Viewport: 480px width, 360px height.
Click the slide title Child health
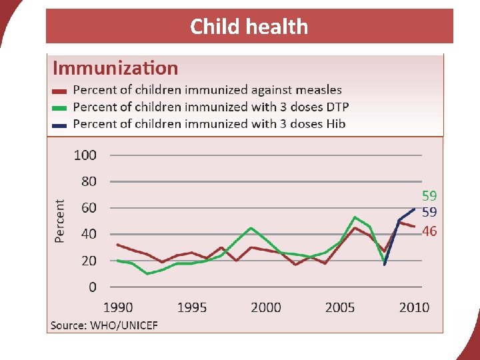(249, 27)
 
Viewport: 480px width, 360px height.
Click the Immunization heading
(115, 68)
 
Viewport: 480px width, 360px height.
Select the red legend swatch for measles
(60, 91)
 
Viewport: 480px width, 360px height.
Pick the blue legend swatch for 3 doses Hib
(60, 125)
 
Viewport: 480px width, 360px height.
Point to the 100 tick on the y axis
(85, 155)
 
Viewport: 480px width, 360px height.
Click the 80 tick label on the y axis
(88, 181)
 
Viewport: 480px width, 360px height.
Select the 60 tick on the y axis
(88, 207)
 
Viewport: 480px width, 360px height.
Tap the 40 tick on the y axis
(88, 234)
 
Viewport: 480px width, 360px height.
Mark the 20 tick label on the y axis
(88, 261)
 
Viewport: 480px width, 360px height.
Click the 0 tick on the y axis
(92, 287)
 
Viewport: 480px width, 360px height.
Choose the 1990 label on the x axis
(118, 307)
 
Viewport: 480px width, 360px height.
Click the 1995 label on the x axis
(191, 307)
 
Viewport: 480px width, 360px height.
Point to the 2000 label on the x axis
(265, 307)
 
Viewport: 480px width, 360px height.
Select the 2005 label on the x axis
(339, 307)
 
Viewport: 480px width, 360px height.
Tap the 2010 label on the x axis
(414, 307)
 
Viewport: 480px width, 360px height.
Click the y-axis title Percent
(60, 221)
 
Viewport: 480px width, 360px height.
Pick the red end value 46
(429, 231)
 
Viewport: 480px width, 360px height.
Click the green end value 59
(429, 196)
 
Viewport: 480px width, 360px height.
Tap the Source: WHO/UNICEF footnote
(105, 325)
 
